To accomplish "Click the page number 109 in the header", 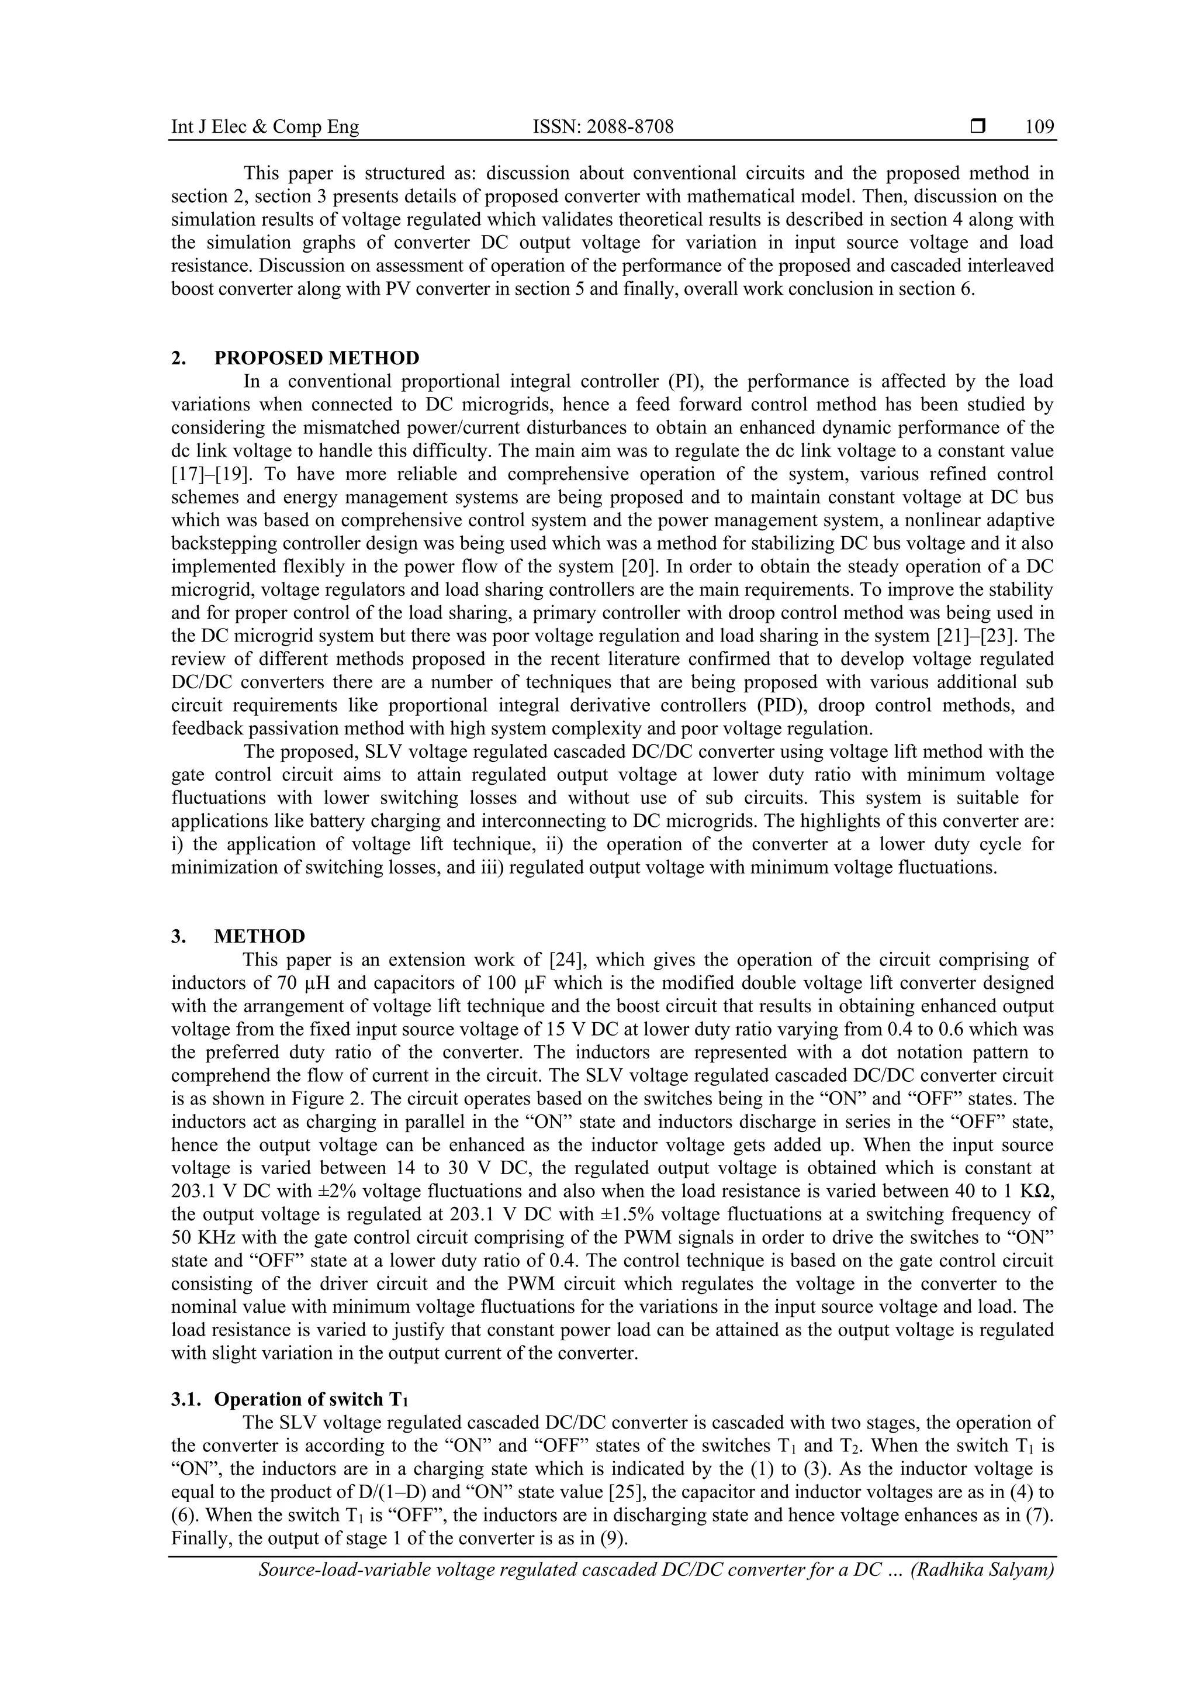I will click(x=1039, y=127).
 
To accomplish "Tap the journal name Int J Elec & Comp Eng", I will click(x=265, y=127).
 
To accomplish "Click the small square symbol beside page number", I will click(x=978, y=127).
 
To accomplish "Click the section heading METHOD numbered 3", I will click(x=259, y=936).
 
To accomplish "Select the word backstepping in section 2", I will click(x=217, y=544).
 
